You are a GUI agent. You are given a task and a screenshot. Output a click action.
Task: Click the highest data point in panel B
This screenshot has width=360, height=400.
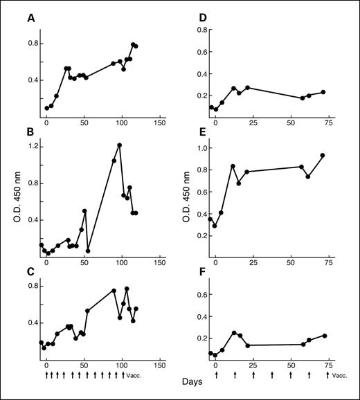point(120,145)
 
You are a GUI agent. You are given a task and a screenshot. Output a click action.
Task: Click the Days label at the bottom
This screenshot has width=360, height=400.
point(193,381)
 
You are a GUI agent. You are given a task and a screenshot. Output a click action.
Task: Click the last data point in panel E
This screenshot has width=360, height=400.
point(323,156)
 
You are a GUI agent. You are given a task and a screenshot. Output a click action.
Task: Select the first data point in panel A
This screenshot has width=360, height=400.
point(47,108)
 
